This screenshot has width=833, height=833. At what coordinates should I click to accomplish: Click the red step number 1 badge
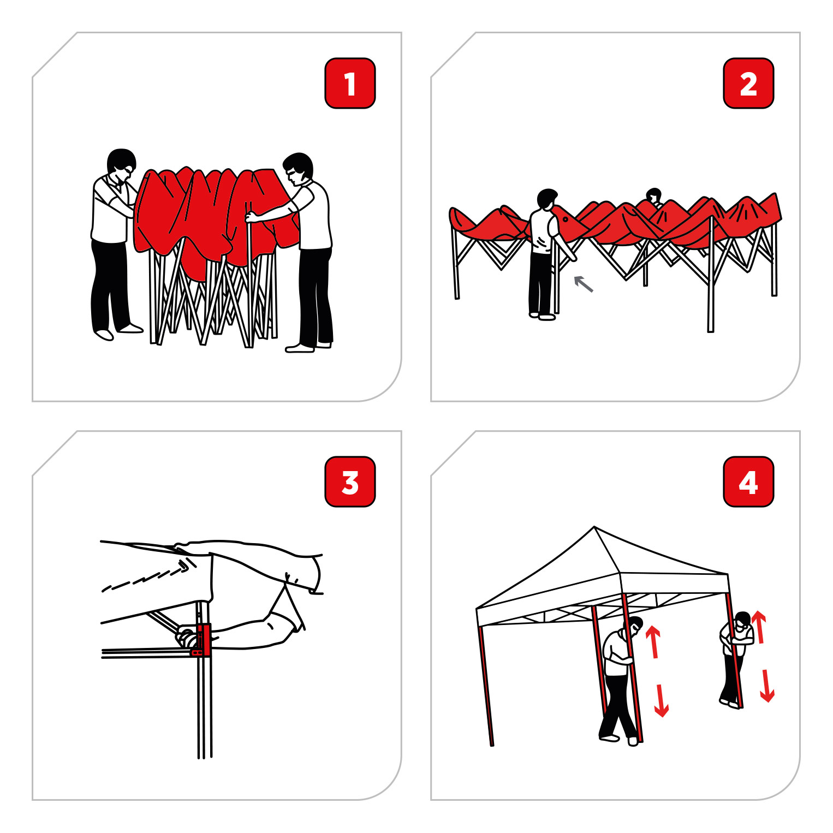350,84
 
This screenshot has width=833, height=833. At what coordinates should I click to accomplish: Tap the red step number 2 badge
748,84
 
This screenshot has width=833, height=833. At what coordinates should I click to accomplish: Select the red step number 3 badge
350,482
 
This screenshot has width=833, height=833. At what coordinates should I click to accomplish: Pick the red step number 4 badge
748,482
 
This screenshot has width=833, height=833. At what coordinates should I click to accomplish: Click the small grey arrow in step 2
584,284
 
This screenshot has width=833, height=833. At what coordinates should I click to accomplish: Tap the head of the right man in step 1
299,168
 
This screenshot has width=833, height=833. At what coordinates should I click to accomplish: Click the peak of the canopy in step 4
594,528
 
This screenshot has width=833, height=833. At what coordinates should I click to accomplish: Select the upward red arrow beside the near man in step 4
653,641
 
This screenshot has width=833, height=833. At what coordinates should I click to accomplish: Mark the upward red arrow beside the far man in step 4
759,627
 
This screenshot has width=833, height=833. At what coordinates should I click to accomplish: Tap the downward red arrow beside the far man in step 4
767,686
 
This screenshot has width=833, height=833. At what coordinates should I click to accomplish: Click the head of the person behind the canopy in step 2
653,195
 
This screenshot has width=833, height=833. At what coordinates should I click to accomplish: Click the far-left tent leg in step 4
486,685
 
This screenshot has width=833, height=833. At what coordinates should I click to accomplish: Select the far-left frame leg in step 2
455,262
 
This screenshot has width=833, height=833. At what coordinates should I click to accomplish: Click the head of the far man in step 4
742,620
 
